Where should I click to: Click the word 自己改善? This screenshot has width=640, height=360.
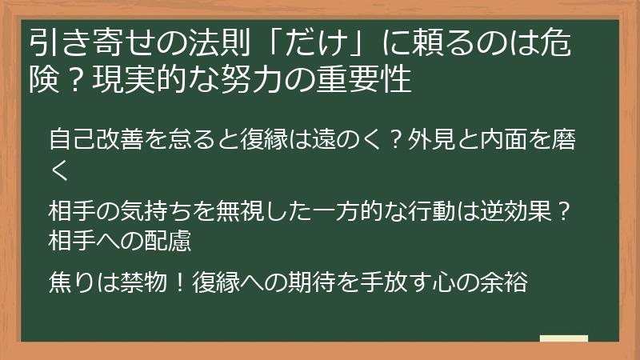click(87, 142)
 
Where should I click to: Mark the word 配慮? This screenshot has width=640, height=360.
click(164, 238)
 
